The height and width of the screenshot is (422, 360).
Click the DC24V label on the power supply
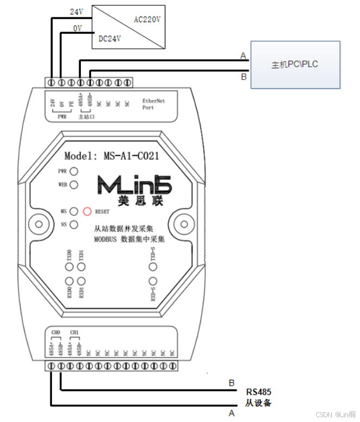point(111,39)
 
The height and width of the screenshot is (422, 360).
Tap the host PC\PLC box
point(294,65)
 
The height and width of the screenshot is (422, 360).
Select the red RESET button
point(87,210)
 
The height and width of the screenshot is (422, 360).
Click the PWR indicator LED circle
point(73,171)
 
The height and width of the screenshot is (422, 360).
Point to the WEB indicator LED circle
point(73,184)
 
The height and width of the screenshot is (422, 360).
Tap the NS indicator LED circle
point(73,224)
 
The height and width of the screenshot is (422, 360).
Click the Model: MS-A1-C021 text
point(112,156)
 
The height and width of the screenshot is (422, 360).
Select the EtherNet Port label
point(153,104)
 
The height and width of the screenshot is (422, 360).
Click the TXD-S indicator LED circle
point(153,266)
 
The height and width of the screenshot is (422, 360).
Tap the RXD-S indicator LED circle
point(153,281)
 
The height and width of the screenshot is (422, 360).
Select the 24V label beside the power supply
point(76,11)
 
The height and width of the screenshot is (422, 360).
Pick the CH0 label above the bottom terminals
point(55,332)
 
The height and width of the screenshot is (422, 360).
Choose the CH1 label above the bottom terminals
point(74,332)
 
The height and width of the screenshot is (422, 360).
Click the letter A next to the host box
point(243,55)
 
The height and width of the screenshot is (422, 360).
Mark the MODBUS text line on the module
point(129,239)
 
